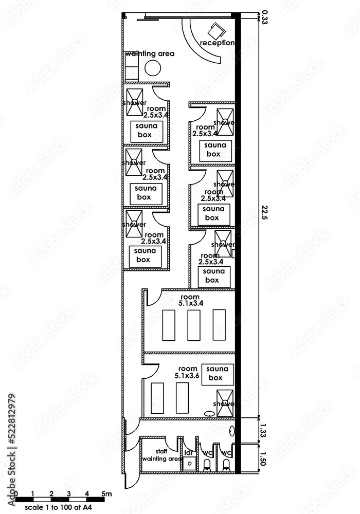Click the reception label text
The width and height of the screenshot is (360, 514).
217,43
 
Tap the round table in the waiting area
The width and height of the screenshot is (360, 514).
152,67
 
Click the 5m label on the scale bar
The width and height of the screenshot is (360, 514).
107,494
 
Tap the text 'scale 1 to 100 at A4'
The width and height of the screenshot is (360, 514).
58,507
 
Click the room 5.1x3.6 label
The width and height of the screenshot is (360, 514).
186,372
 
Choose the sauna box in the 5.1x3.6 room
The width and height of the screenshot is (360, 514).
218,374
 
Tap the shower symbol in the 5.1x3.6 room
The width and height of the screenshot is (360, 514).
225,400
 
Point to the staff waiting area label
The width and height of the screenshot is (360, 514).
161,455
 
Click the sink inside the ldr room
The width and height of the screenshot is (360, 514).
189,464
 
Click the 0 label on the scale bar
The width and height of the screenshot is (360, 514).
16,494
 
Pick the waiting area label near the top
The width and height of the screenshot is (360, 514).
150,53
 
